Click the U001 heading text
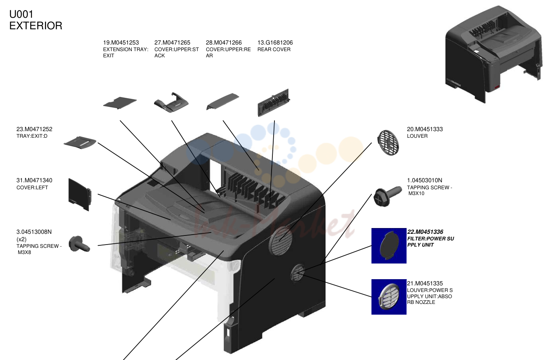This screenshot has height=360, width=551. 21,14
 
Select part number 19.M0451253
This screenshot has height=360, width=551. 121,42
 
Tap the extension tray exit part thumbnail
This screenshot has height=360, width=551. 120,103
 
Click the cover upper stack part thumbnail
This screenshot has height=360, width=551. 171,102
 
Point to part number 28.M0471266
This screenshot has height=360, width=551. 224,42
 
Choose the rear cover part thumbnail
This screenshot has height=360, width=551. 274,102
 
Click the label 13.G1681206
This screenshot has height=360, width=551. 275,42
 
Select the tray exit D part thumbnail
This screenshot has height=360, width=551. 80,142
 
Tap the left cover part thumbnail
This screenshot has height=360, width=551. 80,194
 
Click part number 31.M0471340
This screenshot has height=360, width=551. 34,180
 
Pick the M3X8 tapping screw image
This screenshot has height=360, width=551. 79,244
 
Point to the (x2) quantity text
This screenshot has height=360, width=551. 21,239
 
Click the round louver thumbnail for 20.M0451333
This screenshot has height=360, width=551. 388,143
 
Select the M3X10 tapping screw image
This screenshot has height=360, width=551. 388,196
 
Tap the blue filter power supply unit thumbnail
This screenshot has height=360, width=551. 389,246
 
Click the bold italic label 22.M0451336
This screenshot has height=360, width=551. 425,232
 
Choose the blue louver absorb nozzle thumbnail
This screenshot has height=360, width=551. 389,297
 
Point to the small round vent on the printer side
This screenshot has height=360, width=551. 298,273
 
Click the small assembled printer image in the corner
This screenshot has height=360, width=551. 494,54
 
